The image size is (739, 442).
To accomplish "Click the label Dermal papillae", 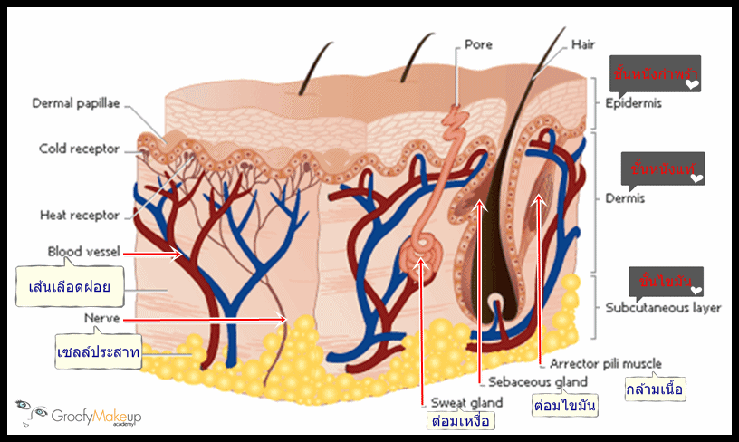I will tap(76, 103).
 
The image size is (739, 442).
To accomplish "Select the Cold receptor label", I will tap(79, 149).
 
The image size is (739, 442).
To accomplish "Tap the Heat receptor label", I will tap(80, 216).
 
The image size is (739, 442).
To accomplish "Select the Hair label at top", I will tap(582, 43).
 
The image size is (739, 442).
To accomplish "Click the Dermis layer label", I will tap(625, 198).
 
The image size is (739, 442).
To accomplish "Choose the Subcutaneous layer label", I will tap(663, 307).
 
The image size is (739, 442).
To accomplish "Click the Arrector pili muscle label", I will tap(605, 364).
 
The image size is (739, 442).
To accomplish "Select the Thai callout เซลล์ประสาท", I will tap(98, 353).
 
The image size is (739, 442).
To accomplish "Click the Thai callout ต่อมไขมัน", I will tap(565, 405).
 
